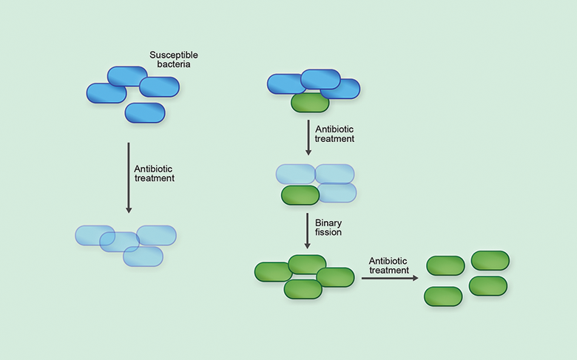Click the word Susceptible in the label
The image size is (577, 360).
click(x=173, y=55)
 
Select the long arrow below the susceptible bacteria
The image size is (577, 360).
click(x=129, y=177)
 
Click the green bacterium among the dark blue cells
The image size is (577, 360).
click(x=310, y=103)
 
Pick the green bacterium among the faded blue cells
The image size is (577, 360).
click(x=300, y=195)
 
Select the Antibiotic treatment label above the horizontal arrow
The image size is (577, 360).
click(x=389, y=265)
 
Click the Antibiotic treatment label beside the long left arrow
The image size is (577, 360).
click(x=154, y=173)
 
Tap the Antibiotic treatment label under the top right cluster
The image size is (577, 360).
click(x=335, y=134)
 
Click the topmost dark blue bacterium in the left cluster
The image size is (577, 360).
click(x=127, y=76)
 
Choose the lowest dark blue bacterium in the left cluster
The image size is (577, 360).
click(x=144, y=113)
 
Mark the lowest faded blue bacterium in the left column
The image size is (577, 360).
click(x=143, y=257)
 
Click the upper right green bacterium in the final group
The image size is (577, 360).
click(x=490, y=260)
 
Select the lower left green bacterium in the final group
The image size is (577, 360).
click(x=443, y=296)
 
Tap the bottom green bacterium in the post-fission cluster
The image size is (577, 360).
click(x=303, y=289)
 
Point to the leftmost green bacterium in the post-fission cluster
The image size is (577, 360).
click(x=273, y=272)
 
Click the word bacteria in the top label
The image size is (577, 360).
click(x=174, y=65)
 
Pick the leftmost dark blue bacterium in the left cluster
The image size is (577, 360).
click(x=107, y=93)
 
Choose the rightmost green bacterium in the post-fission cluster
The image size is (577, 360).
click(x=335, y=277)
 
